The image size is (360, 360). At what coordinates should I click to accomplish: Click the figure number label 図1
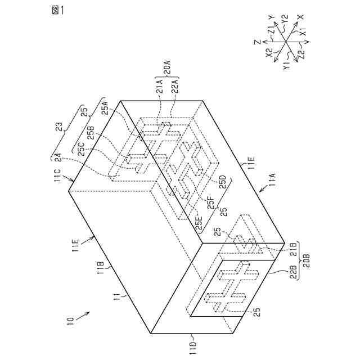tap(57, 10)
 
